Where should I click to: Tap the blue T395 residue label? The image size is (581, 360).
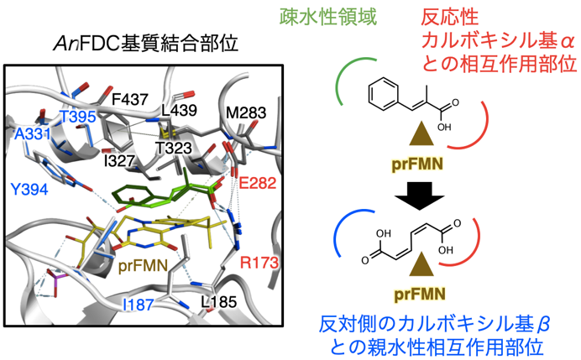pyautogui.click(x=76, y=117)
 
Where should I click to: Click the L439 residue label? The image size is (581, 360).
pyautogui.click(x=180, y=111)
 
